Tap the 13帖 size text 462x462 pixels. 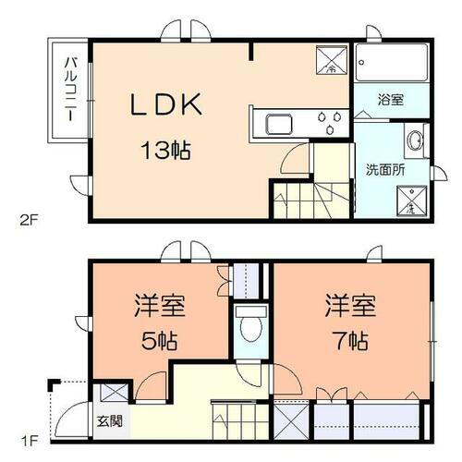(166, 149)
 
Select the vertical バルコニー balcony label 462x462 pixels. (70, 89)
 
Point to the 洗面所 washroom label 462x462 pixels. (383, 170)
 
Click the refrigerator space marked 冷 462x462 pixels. (331, 60)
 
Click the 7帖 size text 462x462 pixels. (348, 339)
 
